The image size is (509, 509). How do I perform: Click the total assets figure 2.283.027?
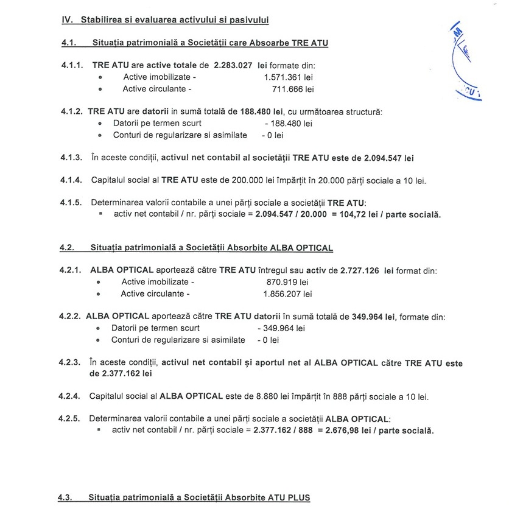pyautogui.click(x=233, y=65)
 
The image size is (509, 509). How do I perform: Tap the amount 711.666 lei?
pyautogui.click(x=293, y=90)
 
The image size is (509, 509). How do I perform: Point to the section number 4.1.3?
pyautogui.click(x=71, y=158)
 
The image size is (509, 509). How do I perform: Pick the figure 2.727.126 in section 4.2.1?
pyautogui.click(x=360, y=270)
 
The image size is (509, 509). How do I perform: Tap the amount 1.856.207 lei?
pyautogui.click(x=287, y=294)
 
